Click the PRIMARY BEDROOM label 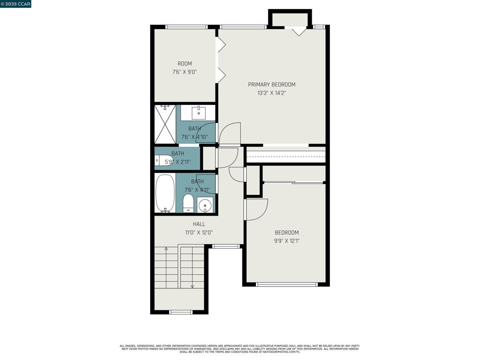(271, 84)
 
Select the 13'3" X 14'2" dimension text (271, 93)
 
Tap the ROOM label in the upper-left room (184, 64)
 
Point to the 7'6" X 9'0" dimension (184, 72)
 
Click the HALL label (199, 224)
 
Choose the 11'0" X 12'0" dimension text (199, 232)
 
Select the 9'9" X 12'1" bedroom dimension (286, 241)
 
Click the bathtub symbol (165, 193)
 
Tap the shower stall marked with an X (165, 124)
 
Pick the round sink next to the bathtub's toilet (205, 205)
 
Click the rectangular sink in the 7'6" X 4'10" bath (199, 113)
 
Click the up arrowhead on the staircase (166, 248)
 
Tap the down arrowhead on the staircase (192, 286)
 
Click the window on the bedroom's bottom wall (286, 284)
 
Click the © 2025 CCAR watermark (15, 4)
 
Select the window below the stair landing (180, 312)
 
